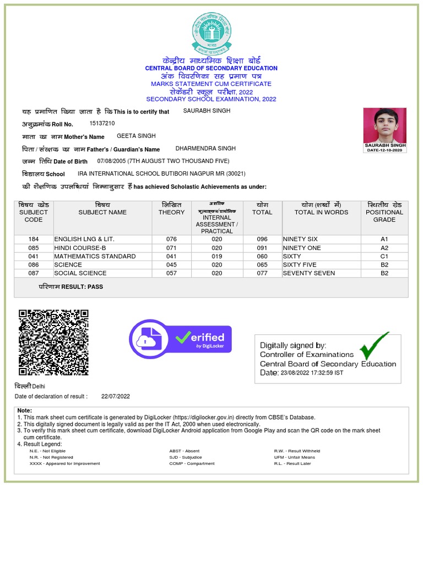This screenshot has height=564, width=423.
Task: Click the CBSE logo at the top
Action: pyautogui.click(x=211, y=32)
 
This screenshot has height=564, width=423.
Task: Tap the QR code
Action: pyautogui.click(x=53, y=342)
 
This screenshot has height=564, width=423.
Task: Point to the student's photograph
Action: pyautogui.click(x=384, y=126)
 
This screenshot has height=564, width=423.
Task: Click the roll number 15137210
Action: pyautogui.click(x=102, y=123)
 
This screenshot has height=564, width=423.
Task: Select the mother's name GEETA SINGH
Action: pyautogui.click(x=136, y=136)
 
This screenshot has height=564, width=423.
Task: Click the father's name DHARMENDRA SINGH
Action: pyautogui.click(x=205, y=149)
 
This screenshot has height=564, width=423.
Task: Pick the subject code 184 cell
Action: pyautogui.click(x=34, y=240)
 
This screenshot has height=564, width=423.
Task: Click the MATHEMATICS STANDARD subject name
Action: pyautogui.click(x=95, y=257)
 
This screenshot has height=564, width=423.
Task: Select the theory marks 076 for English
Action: pyautogui.click(x=171, y=240)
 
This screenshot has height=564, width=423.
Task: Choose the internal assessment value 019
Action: pyautogui.click(x=217, y=257)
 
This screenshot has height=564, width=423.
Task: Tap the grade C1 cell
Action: pyautogui.click(x=384, y=257)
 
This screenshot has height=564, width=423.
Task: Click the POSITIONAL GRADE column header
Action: pyautogui.click(x=384, y=216)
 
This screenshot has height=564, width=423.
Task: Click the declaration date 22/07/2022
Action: pyautogui.click(x=116, y=397)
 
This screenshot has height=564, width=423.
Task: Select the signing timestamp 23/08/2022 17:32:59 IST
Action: pyautogui.click(x=312, y=373)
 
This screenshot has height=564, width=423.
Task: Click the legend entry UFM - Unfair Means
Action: pyautogui.click(x=294, y=457)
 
